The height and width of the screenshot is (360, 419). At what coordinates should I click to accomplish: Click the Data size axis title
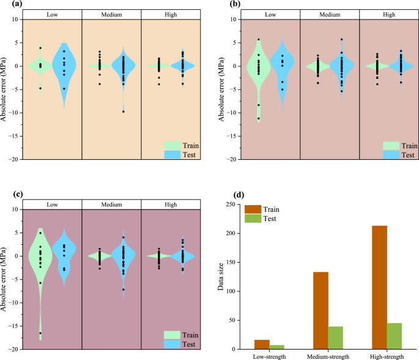221,276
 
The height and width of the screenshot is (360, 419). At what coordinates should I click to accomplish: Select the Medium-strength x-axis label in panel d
328,356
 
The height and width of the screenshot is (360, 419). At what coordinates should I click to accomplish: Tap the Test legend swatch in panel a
172,154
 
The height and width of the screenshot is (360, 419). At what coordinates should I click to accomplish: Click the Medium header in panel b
329,13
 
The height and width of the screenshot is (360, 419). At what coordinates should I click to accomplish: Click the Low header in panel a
52,13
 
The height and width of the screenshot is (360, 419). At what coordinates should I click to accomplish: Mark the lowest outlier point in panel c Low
40,333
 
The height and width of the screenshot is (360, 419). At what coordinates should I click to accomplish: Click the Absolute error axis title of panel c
6,279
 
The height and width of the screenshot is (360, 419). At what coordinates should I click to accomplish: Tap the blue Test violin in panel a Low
64,67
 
